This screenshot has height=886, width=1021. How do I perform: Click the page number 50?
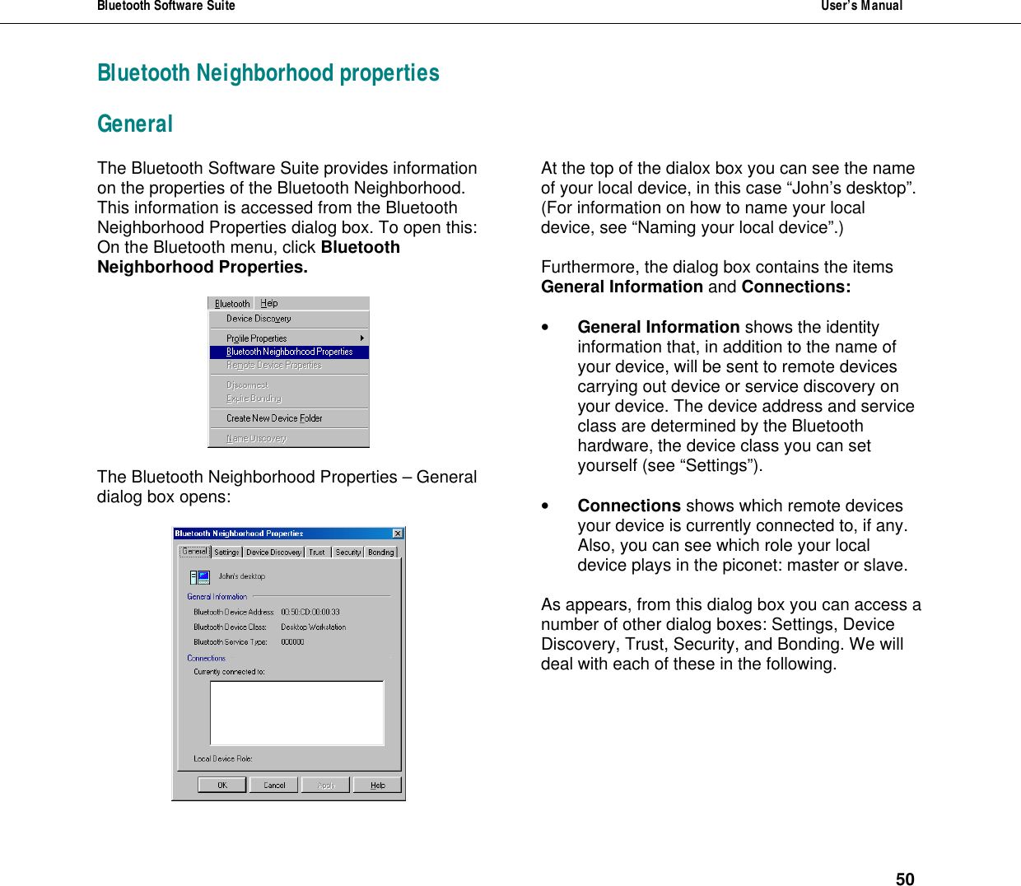point(904,879)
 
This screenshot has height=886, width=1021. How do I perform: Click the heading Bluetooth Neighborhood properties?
point(268,73)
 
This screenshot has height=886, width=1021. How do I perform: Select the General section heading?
point(135,124)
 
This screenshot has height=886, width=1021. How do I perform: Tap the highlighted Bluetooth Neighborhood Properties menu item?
point(289,352)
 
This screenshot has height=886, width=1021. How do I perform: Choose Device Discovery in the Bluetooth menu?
point(259,319)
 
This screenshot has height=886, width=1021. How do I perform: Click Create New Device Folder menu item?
point(274,418)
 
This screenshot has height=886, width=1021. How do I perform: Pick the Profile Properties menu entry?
point(257,338)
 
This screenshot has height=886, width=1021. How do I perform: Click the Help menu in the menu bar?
point(269,303)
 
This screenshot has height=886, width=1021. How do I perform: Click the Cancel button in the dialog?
point(274,785)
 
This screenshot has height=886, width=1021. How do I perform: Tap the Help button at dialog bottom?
point(377,785)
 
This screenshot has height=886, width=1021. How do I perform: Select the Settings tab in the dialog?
point(226,553)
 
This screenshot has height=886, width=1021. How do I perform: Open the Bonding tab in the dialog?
point(380,553)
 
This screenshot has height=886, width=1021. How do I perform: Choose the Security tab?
point(347,553)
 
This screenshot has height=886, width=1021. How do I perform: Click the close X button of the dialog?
point(398,534)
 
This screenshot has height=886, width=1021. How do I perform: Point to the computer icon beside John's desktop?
point(199,577)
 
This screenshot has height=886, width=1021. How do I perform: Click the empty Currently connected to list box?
point(296,712)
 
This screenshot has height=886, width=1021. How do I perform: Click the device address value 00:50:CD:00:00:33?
point(310,612)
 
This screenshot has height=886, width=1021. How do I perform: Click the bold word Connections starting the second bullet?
point(628,506)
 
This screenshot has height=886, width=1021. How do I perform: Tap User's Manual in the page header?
point(861,7)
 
